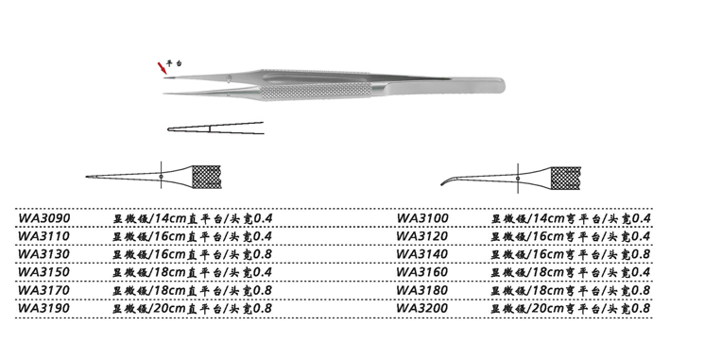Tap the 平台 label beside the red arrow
pyautogui.click(x=174, y=63)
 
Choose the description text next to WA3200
pyautogui.click(x=571, y=308)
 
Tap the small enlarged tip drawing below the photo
pyautogui.click(x=214, y=128)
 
